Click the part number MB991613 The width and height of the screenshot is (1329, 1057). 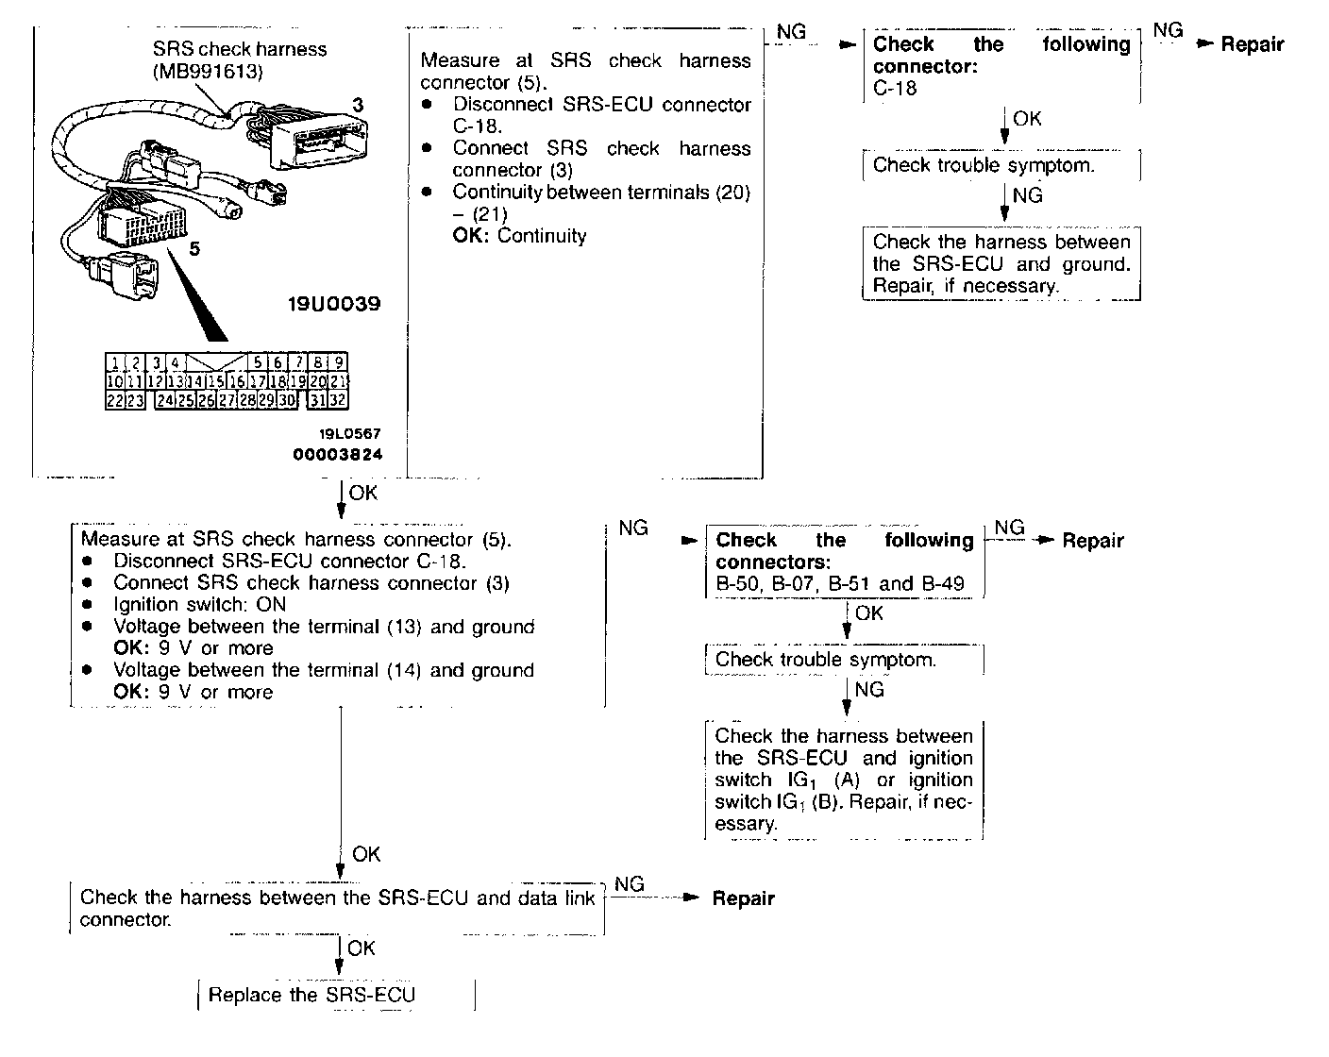point(207,72)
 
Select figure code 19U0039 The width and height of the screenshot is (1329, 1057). point(334,304)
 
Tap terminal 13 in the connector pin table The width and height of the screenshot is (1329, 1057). point(175,381)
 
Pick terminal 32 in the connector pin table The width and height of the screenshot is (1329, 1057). point(338,400)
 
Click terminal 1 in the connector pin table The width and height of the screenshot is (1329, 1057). point(113,362)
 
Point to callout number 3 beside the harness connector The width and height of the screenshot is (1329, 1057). point(358,105)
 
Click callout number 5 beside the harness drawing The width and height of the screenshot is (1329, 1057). point(194,249)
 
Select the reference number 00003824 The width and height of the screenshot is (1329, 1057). point(337,454)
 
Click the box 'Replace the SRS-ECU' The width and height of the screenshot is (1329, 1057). point(312,995)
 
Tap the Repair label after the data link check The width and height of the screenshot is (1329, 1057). point(743,898)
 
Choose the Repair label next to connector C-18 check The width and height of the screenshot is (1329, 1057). point(1253,44)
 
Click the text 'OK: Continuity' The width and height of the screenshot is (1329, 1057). point(519,236)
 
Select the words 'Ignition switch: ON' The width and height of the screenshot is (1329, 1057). point(199,604)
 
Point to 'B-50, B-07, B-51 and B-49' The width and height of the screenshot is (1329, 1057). point(840,583)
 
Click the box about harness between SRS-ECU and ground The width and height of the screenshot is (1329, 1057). point(1001,264)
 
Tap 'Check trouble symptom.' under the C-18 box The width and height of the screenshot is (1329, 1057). point(984,165)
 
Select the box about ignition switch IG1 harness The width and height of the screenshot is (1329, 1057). point(844,780)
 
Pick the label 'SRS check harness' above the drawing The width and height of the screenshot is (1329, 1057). point(240,49)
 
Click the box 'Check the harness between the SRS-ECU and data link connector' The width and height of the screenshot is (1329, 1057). point(337,908)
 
